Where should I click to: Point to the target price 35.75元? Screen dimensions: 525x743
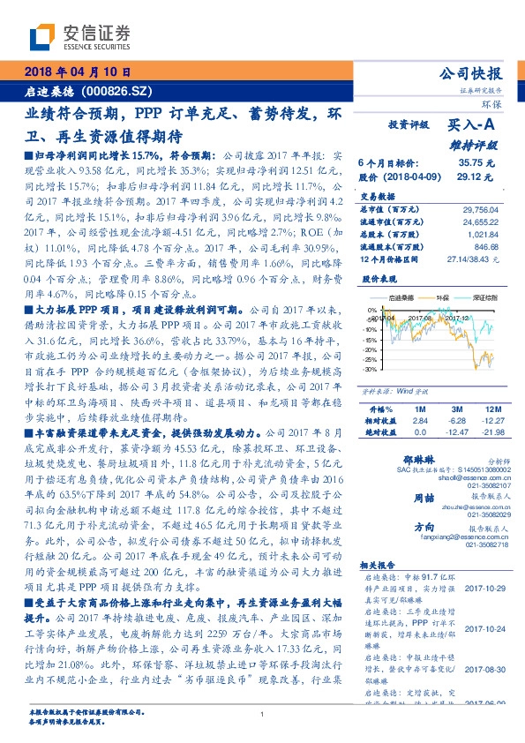[476, 163]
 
